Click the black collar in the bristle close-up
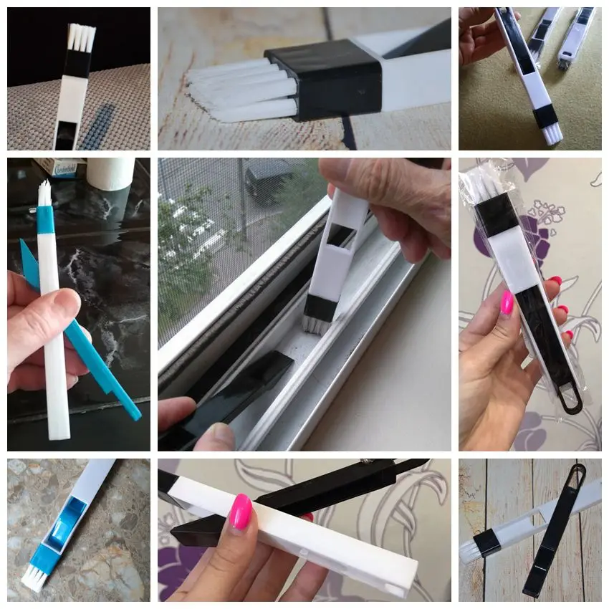(x=326, y=77)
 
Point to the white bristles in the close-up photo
(x=236, y=90)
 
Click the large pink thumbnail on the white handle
(x=241, y=511)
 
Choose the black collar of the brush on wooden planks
(x=493, y=543)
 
